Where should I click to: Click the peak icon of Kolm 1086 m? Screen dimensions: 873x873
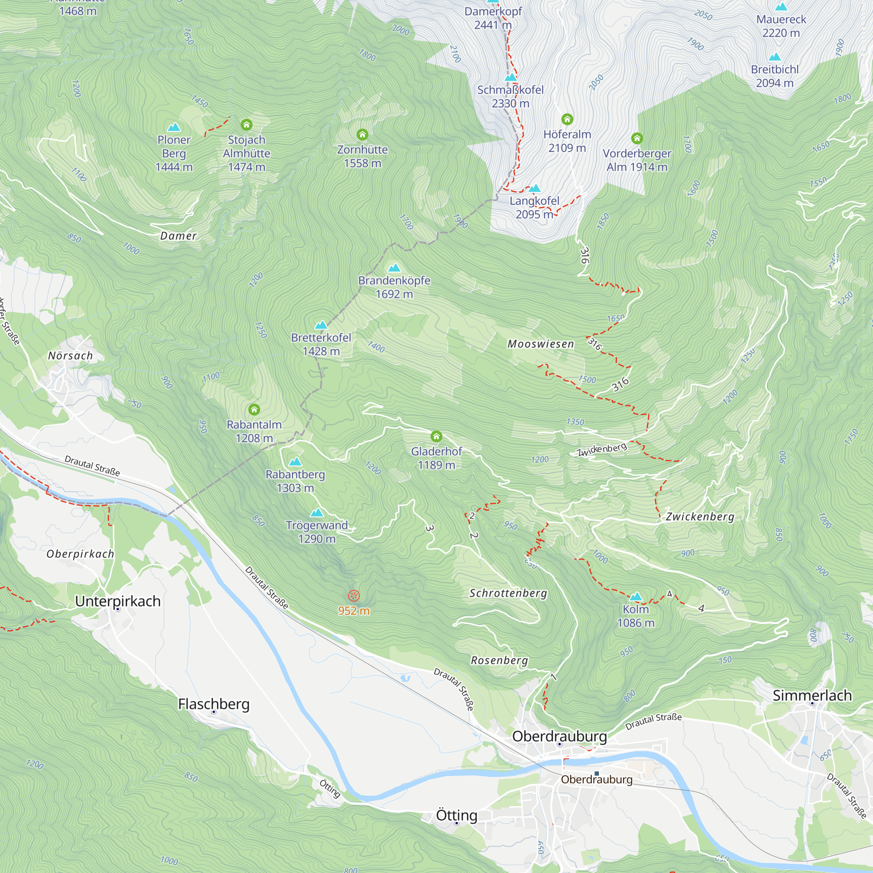636,596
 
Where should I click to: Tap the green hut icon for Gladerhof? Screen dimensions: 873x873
436,436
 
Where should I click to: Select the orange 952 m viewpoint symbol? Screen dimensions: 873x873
354,595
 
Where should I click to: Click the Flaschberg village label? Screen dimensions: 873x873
214,704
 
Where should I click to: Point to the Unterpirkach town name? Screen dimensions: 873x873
117,601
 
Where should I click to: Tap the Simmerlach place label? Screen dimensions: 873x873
812,695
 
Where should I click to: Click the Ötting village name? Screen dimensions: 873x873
457,815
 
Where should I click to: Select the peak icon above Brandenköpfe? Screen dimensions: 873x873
394,268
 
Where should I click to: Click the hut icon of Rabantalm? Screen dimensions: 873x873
254,409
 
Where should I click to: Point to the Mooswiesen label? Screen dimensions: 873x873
540,344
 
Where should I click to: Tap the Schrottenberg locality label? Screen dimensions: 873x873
508,593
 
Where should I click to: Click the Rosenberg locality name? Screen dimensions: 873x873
499,660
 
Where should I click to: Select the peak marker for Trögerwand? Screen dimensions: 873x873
317,512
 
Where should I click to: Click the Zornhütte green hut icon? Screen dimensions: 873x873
362,134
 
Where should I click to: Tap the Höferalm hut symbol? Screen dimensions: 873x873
567,119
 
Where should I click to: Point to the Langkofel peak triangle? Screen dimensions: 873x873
535,188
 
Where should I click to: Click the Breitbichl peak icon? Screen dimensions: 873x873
774,57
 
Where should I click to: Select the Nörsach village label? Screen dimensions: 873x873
70,356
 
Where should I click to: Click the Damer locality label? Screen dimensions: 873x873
179,235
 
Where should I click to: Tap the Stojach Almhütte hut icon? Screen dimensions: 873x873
246,124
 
